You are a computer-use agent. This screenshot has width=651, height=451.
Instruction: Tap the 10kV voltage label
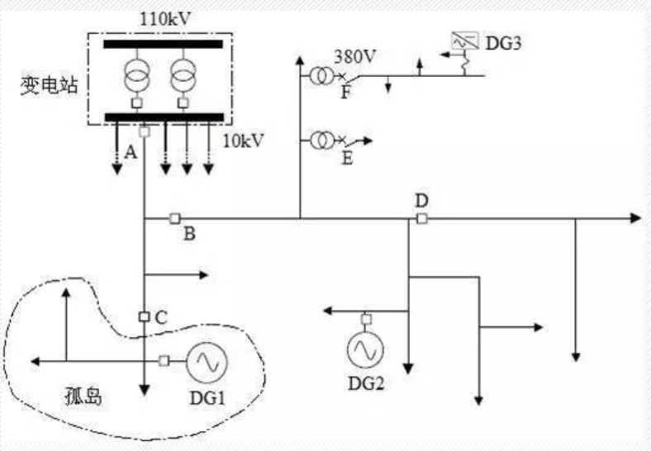tap(245, 140)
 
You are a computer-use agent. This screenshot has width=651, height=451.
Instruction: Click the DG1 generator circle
tap(207, 360)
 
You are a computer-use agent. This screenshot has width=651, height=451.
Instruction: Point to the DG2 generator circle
tap(365, 349)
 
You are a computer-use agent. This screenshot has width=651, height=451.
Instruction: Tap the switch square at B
tap(174, 218)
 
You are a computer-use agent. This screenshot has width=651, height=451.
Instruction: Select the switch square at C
tap(144, 316)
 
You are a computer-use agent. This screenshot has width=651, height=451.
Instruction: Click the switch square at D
tap(421, 218)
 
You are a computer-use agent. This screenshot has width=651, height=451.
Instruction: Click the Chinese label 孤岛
tap(83, 396)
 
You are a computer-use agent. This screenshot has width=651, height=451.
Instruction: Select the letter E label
tap(347, 158)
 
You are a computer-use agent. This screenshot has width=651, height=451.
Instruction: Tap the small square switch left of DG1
tap(164, 360)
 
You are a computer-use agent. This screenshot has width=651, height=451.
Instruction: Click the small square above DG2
tap(365, 319)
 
